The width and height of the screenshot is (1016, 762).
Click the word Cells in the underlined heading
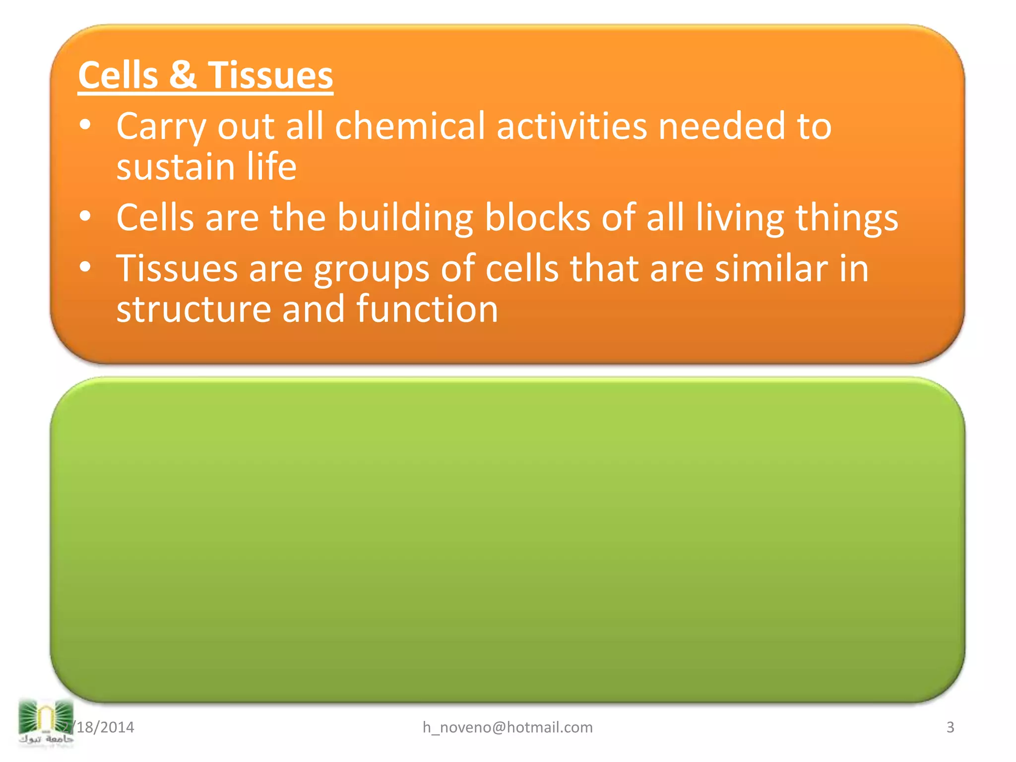coord(118,75)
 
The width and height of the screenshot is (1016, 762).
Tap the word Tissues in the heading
coord(270,75)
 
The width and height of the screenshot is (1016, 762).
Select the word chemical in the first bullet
coord(410,126)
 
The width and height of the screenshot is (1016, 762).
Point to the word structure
coord(193,310)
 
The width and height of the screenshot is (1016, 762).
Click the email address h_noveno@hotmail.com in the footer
coord(508,727)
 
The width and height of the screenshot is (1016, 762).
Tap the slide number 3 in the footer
coord(950,727)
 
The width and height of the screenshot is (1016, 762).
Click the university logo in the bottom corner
coord(46,722)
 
